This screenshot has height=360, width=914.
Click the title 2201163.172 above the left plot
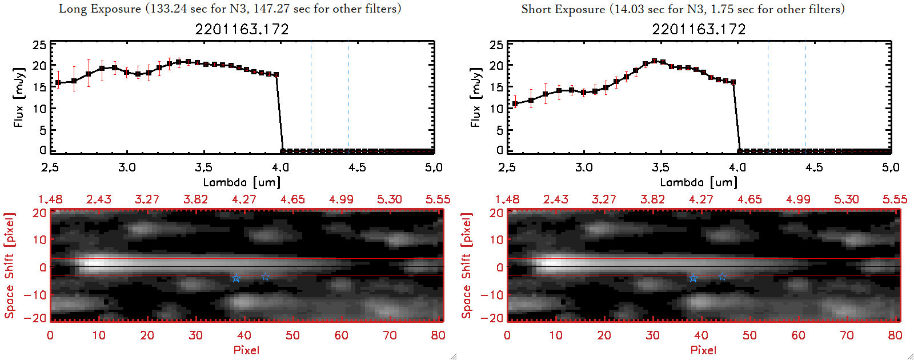click(242, 29)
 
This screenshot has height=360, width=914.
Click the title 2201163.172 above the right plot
click(699, 29)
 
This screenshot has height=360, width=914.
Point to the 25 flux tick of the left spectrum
click(39, 45)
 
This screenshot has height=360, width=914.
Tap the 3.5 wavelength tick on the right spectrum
click(660, 167)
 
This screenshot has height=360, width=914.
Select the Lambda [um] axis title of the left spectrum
click(242, 182)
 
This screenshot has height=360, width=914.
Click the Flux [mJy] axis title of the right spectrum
click(475, 97)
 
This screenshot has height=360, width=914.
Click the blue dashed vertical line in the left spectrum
click(311, 97)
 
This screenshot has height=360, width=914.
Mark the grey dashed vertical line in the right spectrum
click(805, 97)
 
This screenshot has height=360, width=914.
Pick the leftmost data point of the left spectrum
click(58, 83)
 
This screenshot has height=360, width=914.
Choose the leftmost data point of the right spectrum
click(515, 104)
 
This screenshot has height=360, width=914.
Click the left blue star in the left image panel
click(236, 278)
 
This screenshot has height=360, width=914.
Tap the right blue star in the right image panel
click(722, 277)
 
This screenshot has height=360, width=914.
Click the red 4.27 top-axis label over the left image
click(244, 199)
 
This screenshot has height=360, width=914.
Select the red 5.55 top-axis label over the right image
click(895, 199)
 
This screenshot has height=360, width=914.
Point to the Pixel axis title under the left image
click(246, 350)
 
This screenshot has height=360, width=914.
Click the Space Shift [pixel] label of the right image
click(467, 266)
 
